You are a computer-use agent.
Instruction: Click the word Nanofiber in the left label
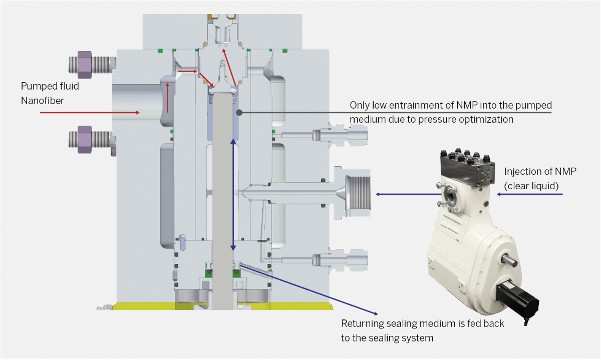(43, 101)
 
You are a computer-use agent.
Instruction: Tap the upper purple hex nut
(85, 65)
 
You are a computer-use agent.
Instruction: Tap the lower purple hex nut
(85, 139)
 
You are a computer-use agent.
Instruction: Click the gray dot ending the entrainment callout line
(239, 113)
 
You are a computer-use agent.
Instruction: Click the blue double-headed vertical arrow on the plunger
(233, 195)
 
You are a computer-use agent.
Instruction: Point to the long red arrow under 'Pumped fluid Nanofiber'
(90, 113)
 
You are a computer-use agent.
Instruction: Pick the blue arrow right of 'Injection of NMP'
(530, 194)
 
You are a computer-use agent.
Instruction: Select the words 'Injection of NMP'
(540, 171)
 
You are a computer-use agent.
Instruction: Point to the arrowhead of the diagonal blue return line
(376, 313)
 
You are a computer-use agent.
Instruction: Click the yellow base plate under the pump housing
(223, 306)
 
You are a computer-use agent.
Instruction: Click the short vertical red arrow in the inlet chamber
(168, 98)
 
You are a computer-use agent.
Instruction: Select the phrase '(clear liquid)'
(531, 186)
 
